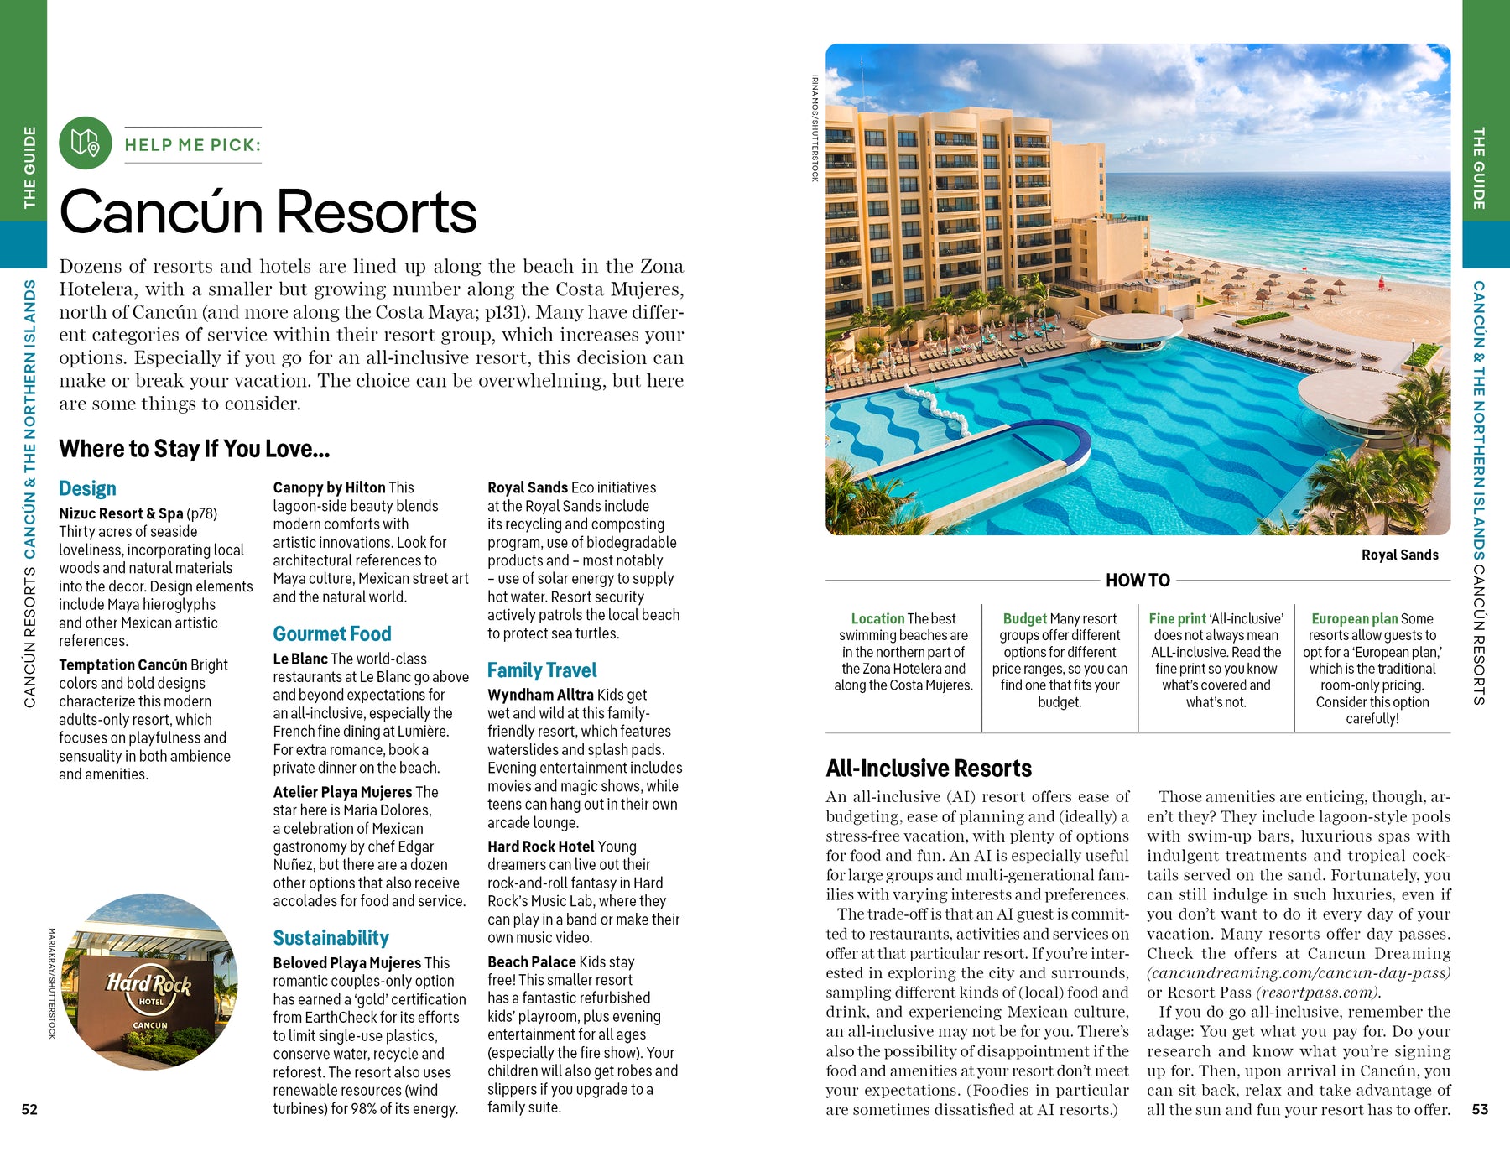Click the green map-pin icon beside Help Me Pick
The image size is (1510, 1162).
coord(85,143)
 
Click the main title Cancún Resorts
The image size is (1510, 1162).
coord(268,211)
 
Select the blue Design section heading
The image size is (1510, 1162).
coord(87,488)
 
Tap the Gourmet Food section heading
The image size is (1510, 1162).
coord(332,633)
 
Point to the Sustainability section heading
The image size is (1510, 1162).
coord(331,937)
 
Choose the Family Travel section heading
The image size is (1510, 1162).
coord(542,670)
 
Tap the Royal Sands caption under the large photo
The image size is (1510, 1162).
coord(1399,555)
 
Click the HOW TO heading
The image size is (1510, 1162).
coord(1138,580)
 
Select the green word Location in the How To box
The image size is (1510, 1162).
coord(877,618)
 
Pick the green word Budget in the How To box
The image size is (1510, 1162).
coord(1024,618)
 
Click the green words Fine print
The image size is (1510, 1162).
coord(1177,618)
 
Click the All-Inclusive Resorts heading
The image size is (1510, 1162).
coord(929,768)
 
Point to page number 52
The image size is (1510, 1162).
coord(29,1109)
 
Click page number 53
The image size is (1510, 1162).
coord(1480,1109)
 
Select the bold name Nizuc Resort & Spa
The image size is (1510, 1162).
coord(121,513)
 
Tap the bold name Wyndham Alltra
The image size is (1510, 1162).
coord(541,695)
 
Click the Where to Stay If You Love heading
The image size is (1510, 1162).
coord(194,449)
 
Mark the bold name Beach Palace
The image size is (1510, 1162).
coord(532,961)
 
